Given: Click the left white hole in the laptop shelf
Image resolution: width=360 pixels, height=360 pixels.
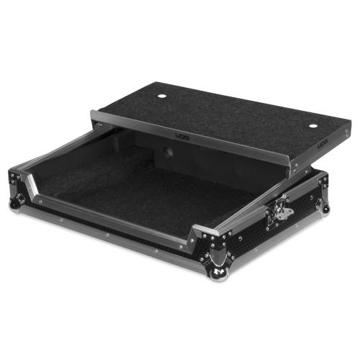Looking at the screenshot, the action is coord(162,96).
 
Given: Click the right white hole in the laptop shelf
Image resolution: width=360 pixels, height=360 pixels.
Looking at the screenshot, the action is coord(312,126).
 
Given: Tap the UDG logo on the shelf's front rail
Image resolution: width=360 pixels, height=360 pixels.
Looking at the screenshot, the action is coord(182,137).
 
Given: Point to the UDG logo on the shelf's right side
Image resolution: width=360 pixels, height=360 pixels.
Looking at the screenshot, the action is coord(323,145).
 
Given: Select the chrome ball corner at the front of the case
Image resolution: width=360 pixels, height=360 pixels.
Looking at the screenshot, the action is coord(218,274).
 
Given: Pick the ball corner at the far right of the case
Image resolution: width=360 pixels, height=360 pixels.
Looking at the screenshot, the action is coord(325,208).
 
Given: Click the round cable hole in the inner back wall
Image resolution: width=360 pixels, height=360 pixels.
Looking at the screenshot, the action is coord(168,152).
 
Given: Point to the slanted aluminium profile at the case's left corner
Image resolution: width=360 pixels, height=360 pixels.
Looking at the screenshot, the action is coord(32,185).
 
